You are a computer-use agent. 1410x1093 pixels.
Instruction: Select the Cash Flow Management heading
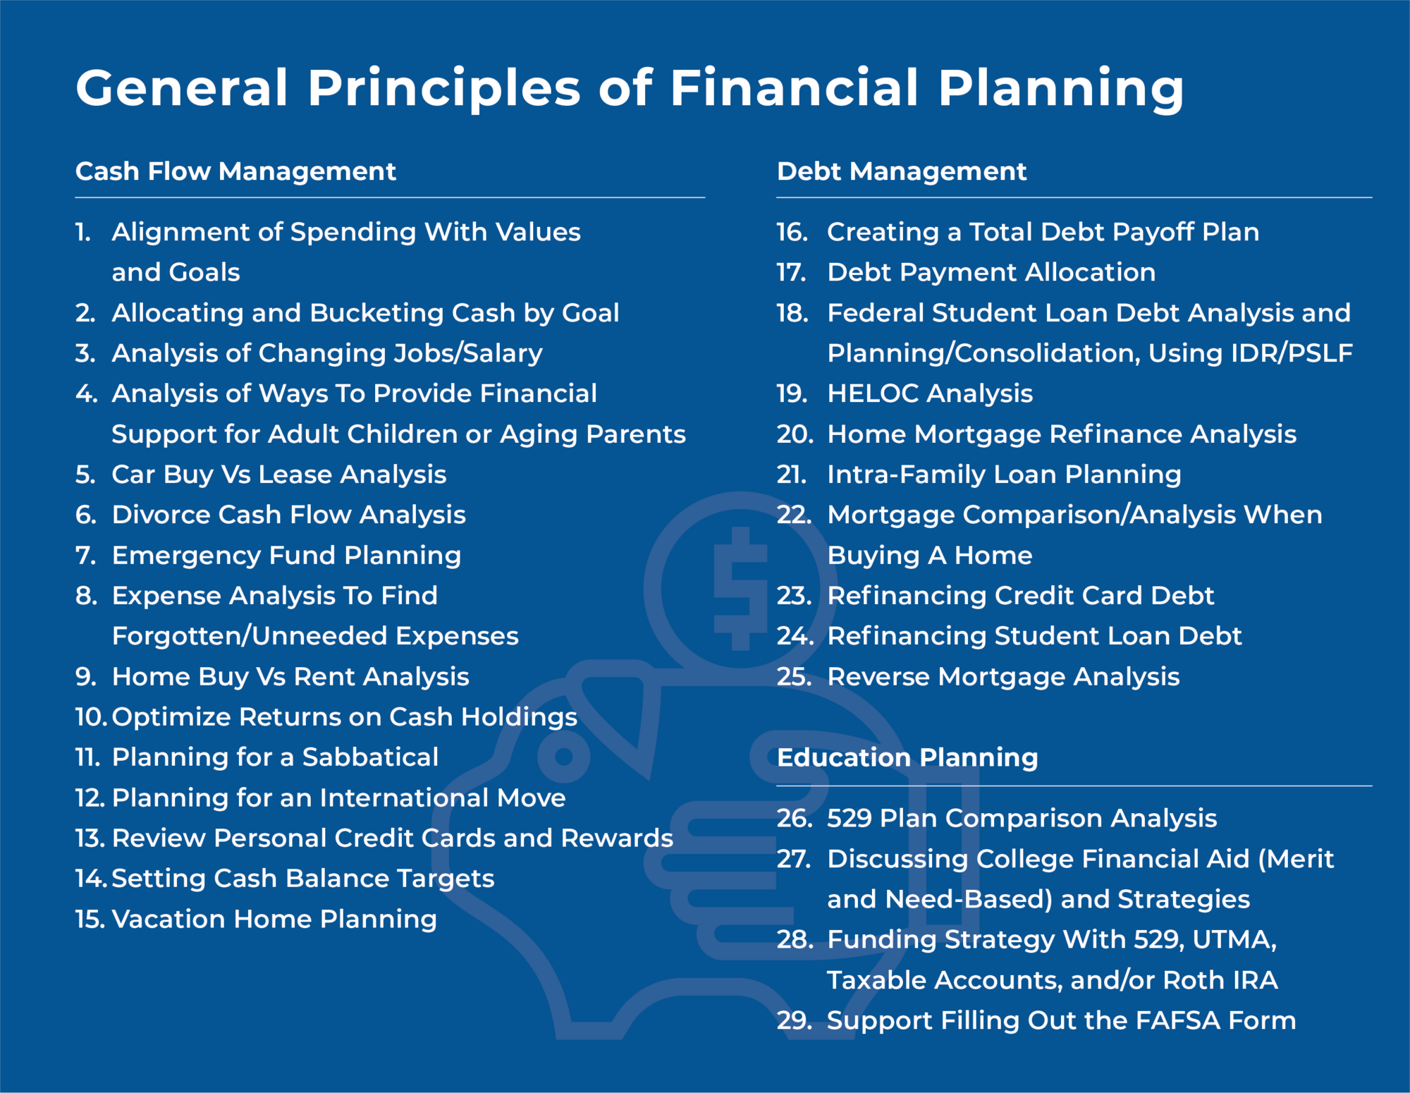coord(235,171)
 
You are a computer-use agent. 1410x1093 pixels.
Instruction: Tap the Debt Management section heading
coord(901,171)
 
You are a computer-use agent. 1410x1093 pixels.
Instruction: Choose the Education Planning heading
coord(907,757)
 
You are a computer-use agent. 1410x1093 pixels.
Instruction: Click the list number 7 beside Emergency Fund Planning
coord(85,556)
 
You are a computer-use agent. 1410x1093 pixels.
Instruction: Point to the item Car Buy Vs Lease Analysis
coord(278,475)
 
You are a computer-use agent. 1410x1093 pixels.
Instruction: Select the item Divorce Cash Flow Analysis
coord(288,515)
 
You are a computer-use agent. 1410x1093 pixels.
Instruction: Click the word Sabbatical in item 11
coord(370,757)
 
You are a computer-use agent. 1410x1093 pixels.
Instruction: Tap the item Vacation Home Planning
coord(274,919)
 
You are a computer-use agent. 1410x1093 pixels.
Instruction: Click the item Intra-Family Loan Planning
coord(1003,475)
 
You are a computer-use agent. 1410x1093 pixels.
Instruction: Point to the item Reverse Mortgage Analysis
coord(1003,677)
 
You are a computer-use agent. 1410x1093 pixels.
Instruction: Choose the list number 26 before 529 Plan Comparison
coord(792,818)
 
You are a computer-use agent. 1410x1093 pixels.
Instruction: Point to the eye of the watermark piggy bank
coord(563,757)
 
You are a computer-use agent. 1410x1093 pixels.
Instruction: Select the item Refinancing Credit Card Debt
coord(1020,596)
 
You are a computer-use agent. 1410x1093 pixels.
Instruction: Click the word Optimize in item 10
coord(171,717)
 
